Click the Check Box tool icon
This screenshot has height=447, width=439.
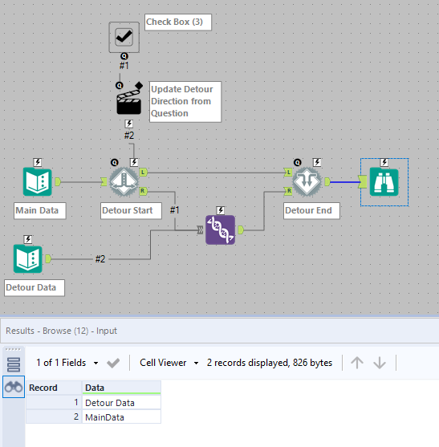coord(124,36)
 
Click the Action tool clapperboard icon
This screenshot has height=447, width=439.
coord(129,100)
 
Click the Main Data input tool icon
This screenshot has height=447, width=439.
coord(37,182)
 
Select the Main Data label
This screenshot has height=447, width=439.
coord(40,211)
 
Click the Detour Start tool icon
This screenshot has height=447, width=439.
coord(124,182)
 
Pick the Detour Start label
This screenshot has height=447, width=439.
coord(129,211)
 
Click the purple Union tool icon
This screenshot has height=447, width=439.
coord(221,230)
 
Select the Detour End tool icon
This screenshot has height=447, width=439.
coord(307,182)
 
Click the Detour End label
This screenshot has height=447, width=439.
coord(309,211)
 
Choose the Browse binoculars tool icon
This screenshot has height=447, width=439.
coord(384,182)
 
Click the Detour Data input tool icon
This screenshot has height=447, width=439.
coord(28,258)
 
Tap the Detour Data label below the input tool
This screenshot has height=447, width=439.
coord(35,286)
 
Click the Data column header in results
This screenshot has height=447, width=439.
coord(121,388)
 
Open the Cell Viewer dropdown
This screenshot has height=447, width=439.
coord(168,363)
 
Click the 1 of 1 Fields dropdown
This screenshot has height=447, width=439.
coord(67,363)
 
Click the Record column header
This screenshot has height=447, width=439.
coord(53,388)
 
